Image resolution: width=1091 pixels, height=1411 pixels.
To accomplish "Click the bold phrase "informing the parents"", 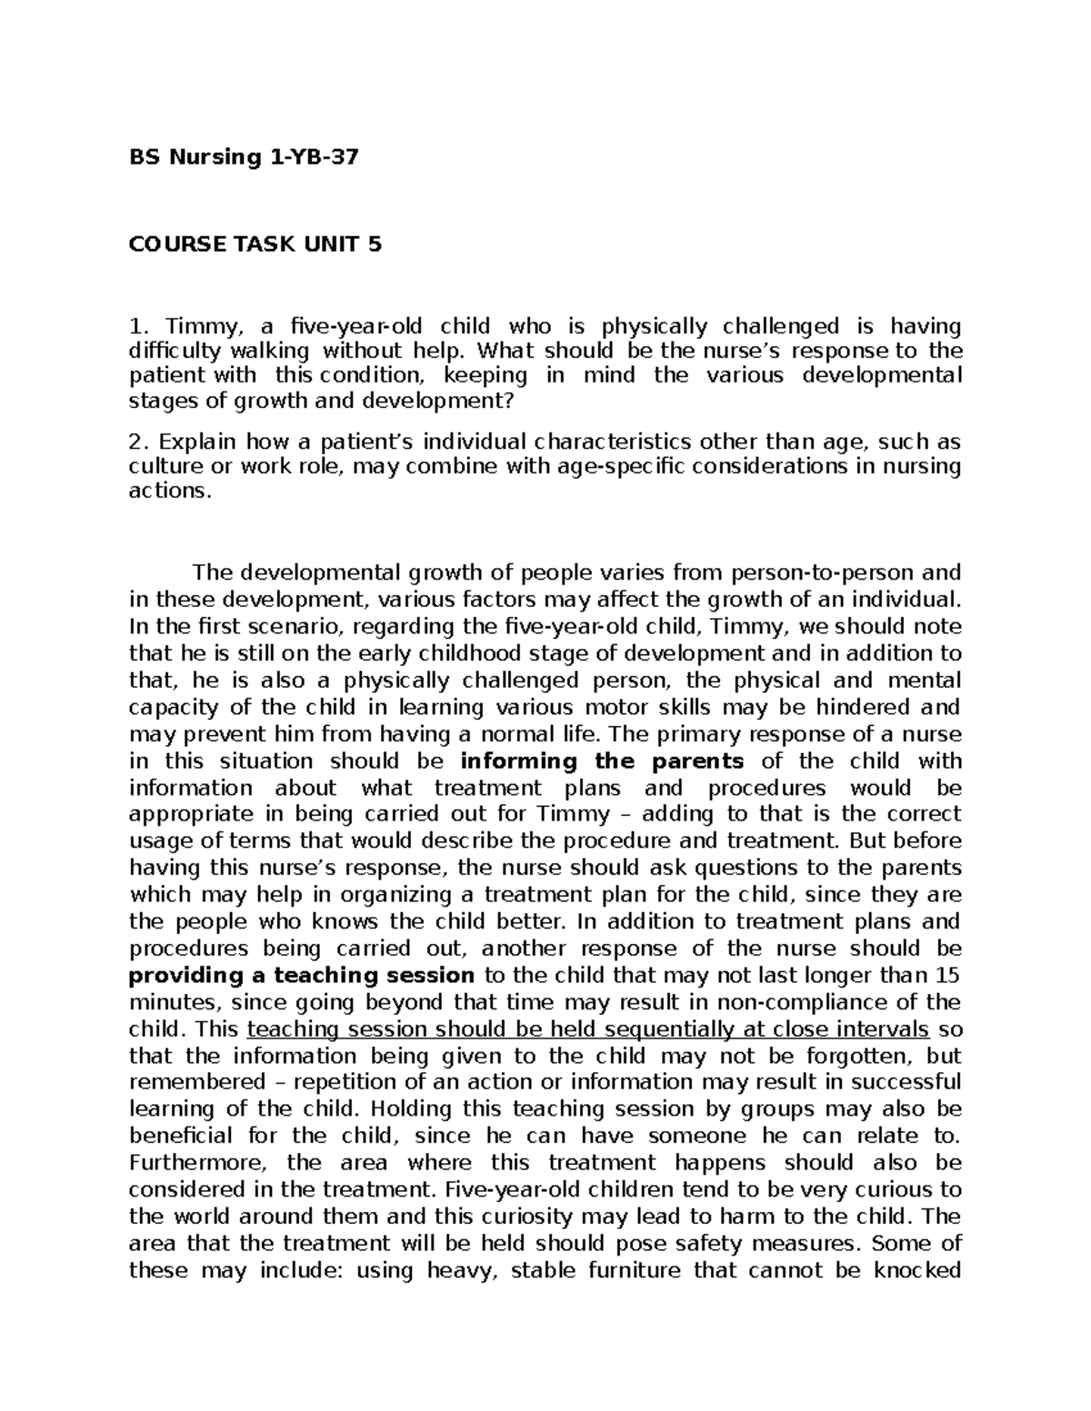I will [x=603, y=761].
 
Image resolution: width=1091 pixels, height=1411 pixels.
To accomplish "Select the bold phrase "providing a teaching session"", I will [x=302, y=976].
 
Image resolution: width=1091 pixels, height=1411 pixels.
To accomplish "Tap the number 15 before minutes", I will [x=946, y=976].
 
